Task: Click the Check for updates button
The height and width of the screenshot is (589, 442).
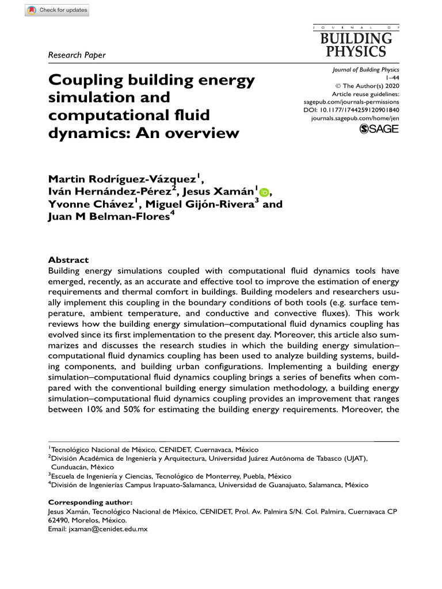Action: pos(57,10)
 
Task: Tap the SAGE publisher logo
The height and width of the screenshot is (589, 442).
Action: pos(379,129)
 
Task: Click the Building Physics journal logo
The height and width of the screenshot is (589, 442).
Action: pos(356,43)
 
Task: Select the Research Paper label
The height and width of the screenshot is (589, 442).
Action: pos(77,55)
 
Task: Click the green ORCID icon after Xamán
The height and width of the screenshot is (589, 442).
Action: pos(264,192)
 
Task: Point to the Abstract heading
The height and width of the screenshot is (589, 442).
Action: pos(68,260)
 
